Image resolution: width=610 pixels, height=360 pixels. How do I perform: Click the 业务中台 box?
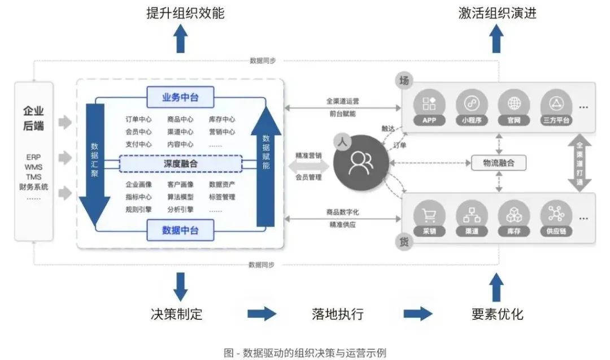point(181,98)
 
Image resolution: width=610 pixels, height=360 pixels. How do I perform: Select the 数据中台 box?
point(181,231)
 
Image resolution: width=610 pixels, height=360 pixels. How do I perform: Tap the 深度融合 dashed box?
point(181,164)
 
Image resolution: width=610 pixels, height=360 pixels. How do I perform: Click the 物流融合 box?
point(498,163)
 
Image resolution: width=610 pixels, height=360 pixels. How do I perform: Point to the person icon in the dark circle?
point(360,163)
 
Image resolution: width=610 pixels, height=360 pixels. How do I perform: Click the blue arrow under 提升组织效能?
point(180,40)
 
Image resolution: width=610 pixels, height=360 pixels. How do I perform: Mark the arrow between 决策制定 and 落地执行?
point(262,314)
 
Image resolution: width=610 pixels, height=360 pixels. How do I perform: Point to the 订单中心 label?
point(138,119)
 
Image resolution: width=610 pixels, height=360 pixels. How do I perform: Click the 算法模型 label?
point(180,197)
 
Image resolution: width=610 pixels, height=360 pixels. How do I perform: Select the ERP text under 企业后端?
point(33,157)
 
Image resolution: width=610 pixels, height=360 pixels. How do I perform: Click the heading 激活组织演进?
point(497,13)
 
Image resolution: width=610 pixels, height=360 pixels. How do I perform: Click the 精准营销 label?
point(308,155)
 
